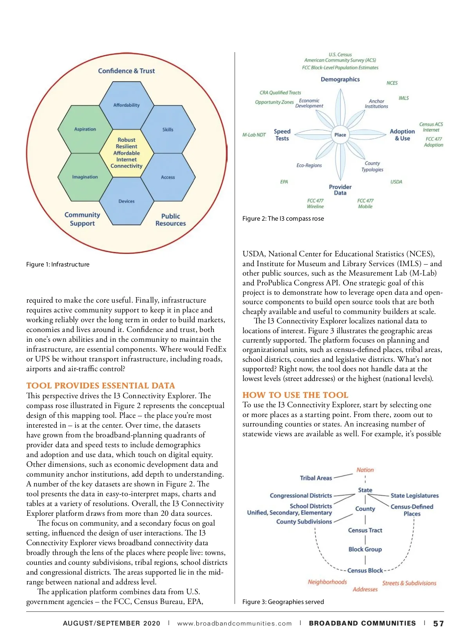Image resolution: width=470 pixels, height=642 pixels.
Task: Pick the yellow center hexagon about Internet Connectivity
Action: point(127,153)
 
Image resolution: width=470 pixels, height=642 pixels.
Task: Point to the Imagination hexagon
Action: point(85,177)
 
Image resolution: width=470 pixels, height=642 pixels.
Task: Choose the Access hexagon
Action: point(168,177)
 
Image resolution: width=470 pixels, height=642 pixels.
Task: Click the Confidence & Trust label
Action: point(126,71)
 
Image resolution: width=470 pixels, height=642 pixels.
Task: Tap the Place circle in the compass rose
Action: point(340,135)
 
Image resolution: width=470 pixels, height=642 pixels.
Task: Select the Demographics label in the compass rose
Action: point(340,80)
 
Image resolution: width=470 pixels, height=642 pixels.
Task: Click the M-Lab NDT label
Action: point(254,135)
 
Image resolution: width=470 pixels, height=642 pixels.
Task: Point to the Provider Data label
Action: point(340,190)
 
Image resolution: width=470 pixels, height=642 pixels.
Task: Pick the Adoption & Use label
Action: point(402,135)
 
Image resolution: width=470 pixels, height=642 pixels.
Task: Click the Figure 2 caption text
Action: point(283,219)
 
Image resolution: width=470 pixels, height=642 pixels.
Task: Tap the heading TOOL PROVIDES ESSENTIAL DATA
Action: point(101,386)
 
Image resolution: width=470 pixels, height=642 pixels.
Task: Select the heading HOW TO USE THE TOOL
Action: point(295,395)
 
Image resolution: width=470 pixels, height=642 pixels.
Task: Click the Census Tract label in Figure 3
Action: point(365,530)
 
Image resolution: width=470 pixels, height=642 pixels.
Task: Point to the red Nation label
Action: point(365,470)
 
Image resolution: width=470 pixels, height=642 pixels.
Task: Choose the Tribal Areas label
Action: point(316,478)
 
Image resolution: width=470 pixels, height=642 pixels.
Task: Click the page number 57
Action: point(438,624)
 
